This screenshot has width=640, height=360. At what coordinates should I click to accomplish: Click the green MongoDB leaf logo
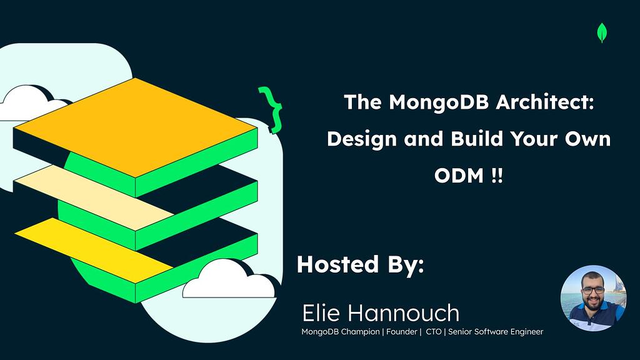click(x=602, y=32)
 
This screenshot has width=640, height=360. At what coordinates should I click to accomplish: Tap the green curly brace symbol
click(x=271, y=110)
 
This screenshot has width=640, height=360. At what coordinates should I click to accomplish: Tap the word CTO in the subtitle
click(x=434, y=332)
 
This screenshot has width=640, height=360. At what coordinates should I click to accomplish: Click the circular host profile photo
click(x=593, y=298)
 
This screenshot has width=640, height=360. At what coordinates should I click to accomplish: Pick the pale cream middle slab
click(x=94, y=195)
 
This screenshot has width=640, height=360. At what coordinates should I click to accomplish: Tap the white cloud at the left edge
click(x=25, y=102)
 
